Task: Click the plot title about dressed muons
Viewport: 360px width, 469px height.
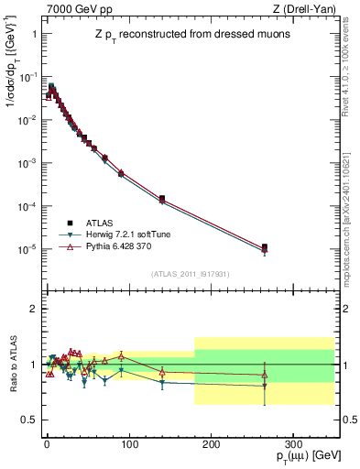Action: pyautogui.click(x=189, y=35)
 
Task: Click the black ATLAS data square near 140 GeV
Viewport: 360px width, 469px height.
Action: pyautogui.click(x=161, y=199)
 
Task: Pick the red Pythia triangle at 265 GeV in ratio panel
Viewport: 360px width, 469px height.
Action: pyautogui.click(x=264, y=375)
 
